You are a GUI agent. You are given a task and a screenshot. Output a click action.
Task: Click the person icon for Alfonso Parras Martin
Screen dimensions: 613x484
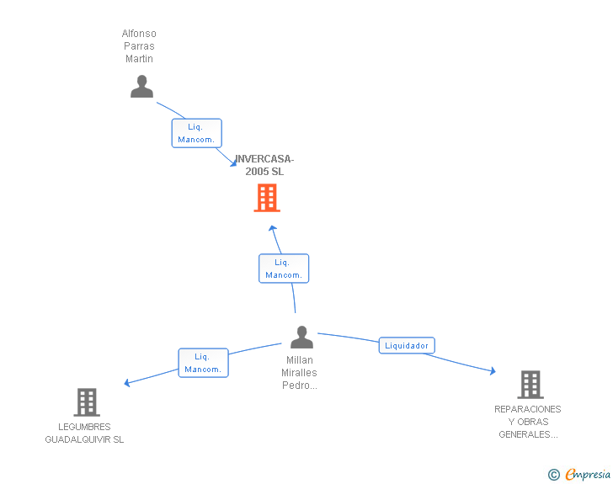click(141, 87)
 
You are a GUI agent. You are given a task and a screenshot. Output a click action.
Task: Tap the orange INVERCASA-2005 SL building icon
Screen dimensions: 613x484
click(267, 198)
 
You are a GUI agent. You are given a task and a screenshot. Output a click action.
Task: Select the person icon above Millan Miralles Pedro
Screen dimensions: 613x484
click(301, 337)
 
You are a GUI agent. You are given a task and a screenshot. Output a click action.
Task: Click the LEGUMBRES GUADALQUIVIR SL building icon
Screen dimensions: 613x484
click(87, 402)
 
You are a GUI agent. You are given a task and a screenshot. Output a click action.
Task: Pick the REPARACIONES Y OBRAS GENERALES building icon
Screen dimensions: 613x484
click(530, 385)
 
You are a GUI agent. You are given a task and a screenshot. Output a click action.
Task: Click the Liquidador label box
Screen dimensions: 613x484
click(407, 346)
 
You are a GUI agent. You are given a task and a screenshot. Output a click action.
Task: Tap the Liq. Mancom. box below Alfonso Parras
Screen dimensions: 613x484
click(197, 133)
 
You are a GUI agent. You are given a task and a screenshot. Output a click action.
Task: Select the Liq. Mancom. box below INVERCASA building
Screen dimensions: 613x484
click(284, 269)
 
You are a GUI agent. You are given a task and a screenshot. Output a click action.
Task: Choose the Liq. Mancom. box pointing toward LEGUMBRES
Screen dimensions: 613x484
click(203, 363)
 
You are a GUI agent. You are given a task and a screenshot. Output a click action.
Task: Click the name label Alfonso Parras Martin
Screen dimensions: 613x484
click(139, 46)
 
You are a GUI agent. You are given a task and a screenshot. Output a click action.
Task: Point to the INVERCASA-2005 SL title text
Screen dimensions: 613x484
click(264, 165)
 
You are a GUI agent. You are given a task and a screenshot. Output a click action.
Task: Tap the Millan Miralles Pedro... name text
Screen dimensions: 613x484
click(300, 373)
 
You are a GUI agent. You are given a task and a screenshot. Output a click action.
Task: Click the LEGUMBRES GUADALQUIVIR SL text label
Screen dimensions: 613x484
click(84, 433)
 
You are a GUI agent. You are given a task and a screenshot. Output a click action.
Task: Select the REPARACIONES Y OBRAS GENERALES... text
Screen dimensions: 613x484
click(528, 422)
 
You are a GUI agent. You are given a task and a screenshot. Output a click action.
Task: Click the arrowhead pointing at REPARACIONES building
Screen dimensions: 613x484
click(493, 370)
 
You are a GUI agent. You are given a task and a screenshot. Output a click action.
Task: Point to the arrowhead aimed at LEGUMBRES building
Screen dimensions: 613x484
click(126, 383)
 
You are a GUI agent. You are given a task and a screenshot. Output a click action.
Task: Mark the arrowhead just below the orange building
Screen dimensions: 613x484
click(273, 228)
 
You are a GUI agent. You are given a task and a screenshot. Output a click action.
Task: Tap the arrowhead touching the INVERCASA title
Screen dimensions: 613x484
click(233, 163)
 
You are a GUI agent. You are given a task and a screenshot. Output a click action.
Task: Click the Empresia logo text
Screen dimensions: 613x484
click(588, 474)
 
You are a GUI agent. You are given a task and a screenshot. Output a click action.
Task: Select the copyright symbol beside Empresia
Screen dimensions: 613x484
click(554, 475)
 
